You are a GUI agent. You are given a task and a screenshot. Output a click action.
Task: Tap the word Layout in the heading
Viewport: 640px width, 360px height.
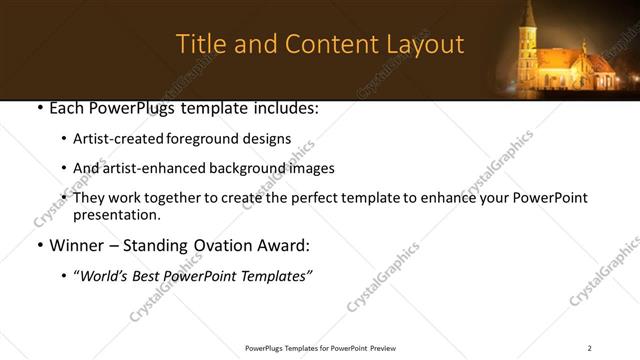coord(423,45)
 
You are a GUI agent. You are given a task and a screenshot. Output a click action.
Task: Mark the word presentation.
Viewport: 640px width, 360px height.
coord(116,214)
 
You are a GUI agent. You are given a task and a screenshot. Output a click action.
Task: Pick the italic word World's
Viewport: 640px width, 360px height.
coord(103,276)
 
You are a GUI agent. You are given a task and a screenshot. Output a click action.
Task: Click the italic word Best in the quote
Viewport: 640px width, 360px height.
coord(152,276)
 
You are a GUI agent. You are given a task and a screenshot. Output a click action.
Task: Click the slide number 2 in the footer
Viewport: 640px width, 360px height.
coord(590,348)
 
